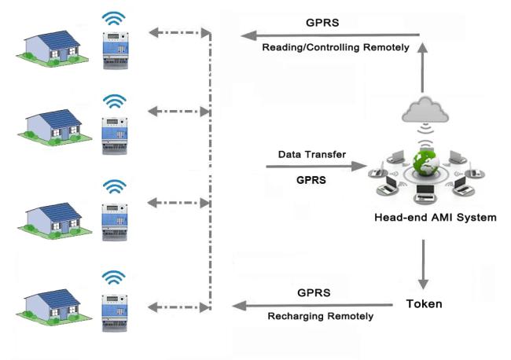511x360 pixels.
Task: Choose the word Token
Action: [x=425, y=303]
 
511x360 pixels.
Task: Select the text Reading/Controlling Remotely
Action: [x=335, y=48]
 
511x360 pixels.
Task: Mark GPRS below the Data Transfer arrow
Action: [x=312, y=180]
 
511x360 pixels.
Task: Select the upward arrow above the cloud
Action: [x=425, y=68]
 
